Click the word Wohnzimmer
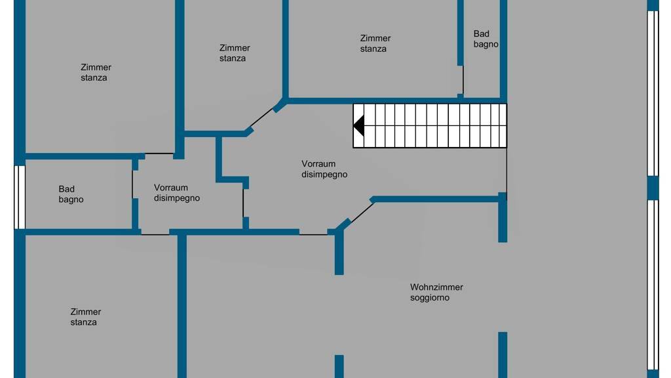click(436, 287)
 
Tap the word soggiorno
click(430, 298)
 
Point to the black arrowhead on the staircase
click(359, 125)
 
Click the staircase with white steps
click(430, 125)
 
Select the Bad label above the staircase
click(482, 34)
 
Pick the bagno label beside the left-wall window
click(71, 199)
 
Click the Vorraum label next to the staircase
click(318, 164)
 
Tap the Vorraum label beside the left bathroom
click(171, 188)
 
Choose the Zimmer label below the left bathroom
click(86, 312)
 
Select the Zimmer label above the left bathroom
click(96, 67)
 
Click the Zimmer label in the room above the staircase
click(375, 38)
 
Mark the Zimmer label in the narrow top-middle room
click(235, 48)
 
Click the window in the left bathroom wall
click(20, 197)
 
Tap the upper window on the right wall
click(653, 93)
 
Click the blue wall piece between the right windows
click(653, 187)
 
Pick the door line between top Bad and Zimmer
click(463, 80)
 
